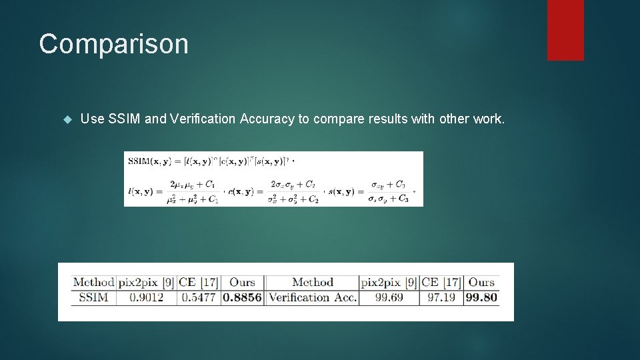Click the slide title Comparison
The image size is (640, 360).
click(x=113, y=44)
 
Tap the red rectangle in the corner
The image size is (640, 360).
click(x=565, y=30)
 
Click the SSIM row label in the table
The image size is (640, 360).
click(x=93, y=298)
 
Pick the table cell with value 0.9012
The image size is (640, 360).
click(x=147, y=298)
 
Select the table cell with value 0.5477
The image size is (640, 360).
click(x=199, y=298)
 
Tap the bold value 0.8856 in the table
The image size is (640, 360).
click(x=242, y=298)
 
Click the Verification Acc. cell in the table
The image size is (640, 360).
click(x=312, y=298)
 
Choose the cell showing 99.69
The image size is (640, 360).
click(x=389, y=298)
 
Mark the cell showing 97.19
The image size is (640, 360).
click(x=441, y=298)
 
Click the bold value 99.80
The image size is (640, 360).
click(x=481, y=298)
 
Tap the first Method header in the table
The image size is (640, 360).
click(x=93, y=283)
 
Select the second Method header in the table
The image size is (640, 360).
click(x=312, y=283)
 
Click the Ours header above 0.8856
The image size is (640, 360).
click(x=242, y=283)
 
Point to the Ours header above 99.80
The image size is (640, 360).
click(x=481, y=283)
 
